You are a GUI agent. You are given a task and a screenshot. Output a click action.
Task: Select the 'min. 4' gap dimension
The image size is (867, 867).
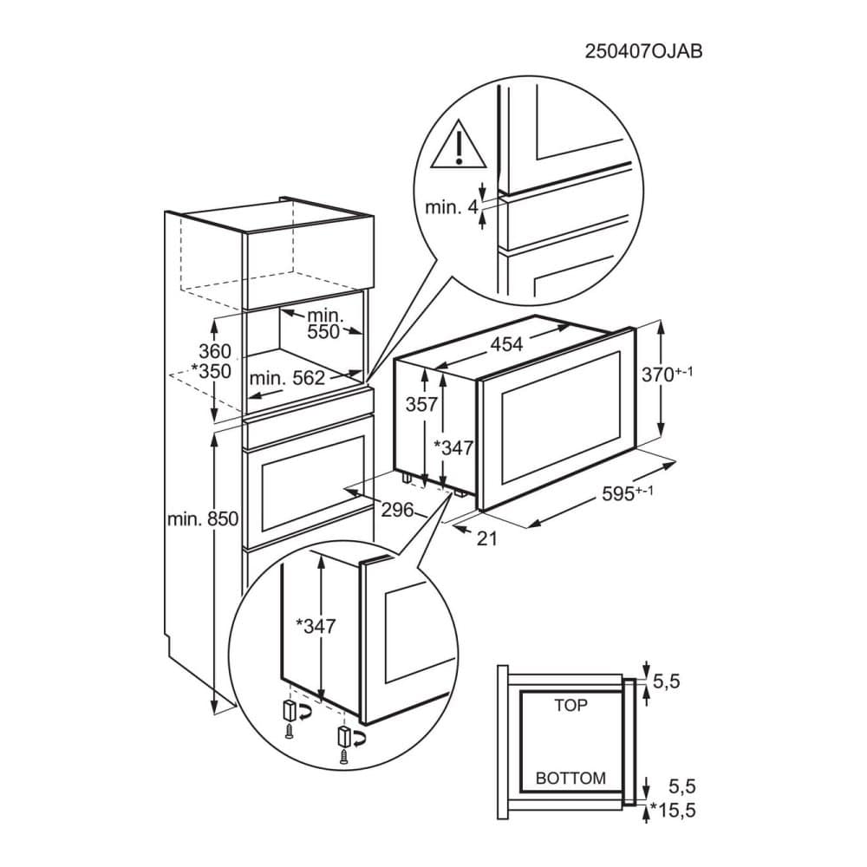[x=452, y=207]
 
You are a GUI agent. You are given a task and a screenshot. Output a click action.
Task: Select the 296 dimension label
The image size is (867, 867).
[x=398, y=510]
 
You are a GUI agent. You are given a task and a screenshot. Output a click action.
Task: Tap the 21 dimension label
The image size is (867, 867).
[x=487, y=538]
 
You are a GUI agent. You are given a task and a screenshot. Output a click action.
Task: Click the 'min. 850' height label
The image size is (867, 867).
[x=202, y=519]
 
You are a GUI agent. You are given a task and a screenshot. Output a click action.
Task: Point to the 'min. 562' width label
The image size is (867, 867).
[x=287, y=378]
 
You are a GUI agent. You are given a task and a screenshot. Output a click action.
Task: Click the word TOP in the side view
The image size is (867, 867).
[x=570, y=706]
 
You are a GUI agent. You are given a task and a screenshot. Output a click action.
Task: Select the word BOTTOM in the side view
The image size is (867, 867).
[x=570, y=778]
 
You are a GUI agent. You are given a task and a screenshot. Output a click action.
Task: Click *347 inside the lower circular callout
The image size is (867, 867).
[x=316, y=625]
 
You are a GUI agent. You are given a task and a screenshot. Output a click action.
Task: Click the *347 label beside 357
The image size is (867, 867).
[x=453, y=447]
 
